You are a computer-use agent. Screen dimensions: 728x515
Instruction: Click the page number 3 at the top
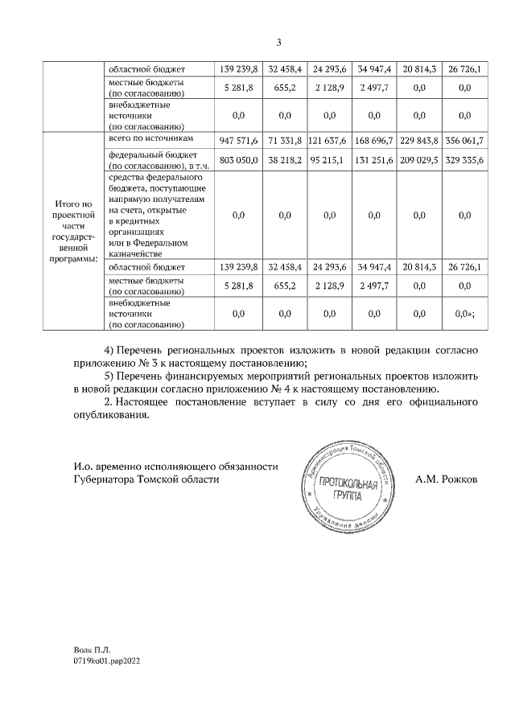click(x=278, y=43)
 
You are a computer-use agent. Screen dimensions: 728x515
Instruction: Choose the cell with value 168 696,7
click(x=373, y=140)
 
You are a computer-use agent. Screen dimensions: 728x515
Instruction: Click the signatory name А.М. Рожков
click(x=446, y=478)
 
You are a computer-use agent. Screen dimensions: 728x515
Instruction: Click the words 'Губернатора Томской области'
click(x=145, y=478)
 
